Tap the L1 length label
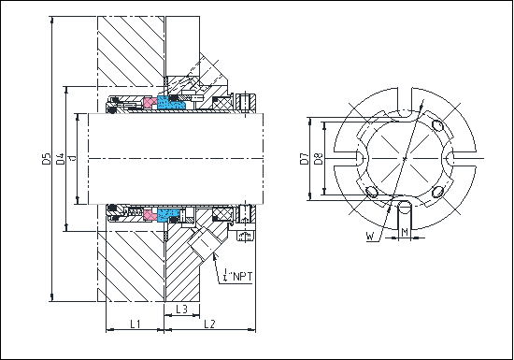click(135, 324)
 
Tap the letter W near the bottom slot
click(371, 238)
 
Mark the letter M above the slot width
click(404, 228)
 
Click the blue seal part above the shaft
click(170, 102)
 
